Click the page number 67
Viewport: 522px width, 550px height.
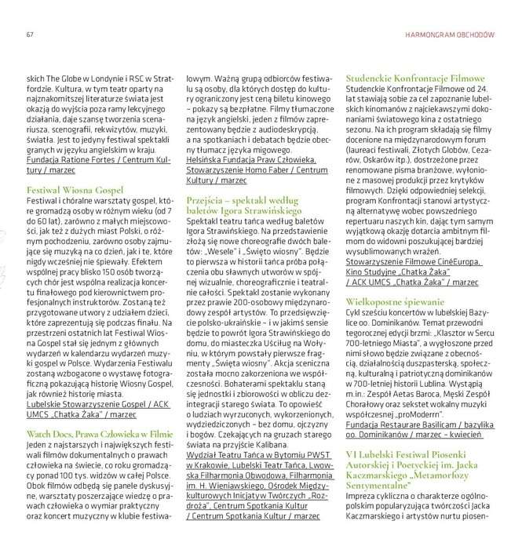[29, 35]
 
